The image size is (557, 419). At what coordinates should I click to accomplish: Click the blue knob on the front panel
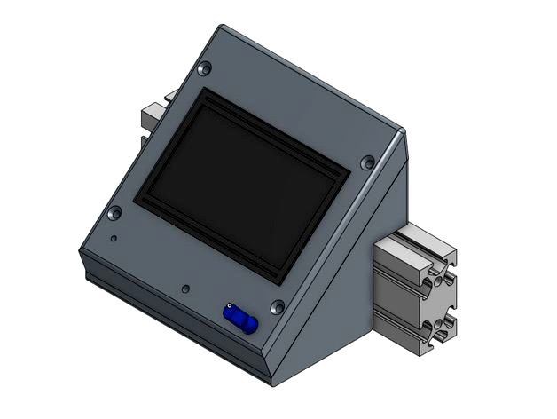click(240, 319)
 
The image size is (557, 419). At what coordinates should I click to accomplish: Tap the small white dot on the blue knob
click(230, 310)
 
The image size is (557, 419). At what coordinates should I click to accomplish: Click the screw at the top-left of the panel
click(206, 67)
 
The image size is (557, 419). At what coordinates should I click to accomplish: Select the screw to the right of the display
click(367, 162)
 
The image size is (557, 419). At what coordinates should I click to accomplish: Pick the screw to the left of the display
click(114, 213)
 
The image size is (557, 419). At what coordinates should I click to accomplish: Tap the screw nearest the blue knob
click(278, 306)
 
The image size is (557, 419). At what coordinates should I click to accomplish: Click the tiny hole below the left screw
click(113, 239)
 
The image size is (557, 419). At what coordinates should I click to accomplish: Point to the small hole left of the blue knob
click(184, 289)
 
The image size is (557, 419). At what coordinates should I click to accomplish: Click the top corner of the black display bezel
click(207, 89)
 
